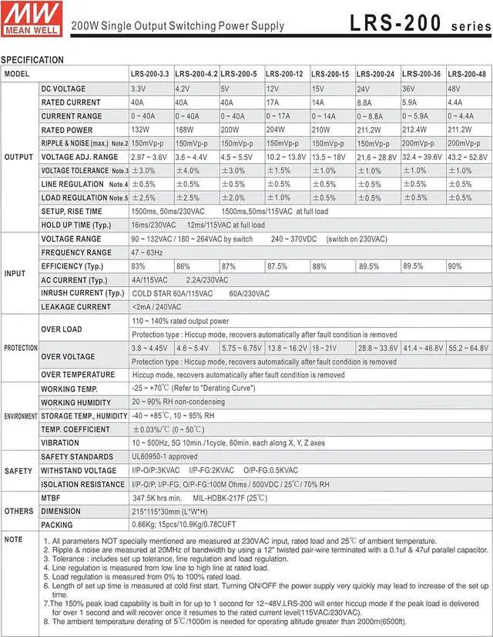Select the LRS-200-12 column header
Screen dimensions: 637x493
coord(287,74)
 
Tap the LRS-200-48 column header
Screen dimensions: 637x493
coord(467,74)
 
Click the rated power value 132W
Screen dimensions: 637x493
coord(140,130)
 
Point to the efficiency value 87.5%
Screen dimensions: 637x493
coord(277,266)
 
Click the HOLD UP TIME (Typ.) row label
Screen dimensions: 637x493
coord(76,225)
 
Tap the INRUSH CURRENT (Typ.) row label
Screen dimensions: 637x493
coord(82,293)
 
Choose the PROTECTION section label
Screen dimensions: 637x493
coord(21,348)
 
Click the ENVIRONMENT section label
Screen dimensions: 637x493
coord(21,416)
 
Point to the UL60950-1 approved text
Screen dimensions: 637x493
coord(164,457)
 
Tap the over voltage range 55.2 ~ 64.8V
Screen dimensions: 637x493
coord(468,348)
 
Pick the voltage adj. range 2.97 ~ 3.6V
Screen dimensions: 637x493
coord(149,157)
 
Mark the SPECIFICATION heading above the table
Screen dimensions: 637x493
coord(32,59)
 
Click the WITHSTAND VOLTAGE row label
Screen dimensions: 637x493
coord(79,471)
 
